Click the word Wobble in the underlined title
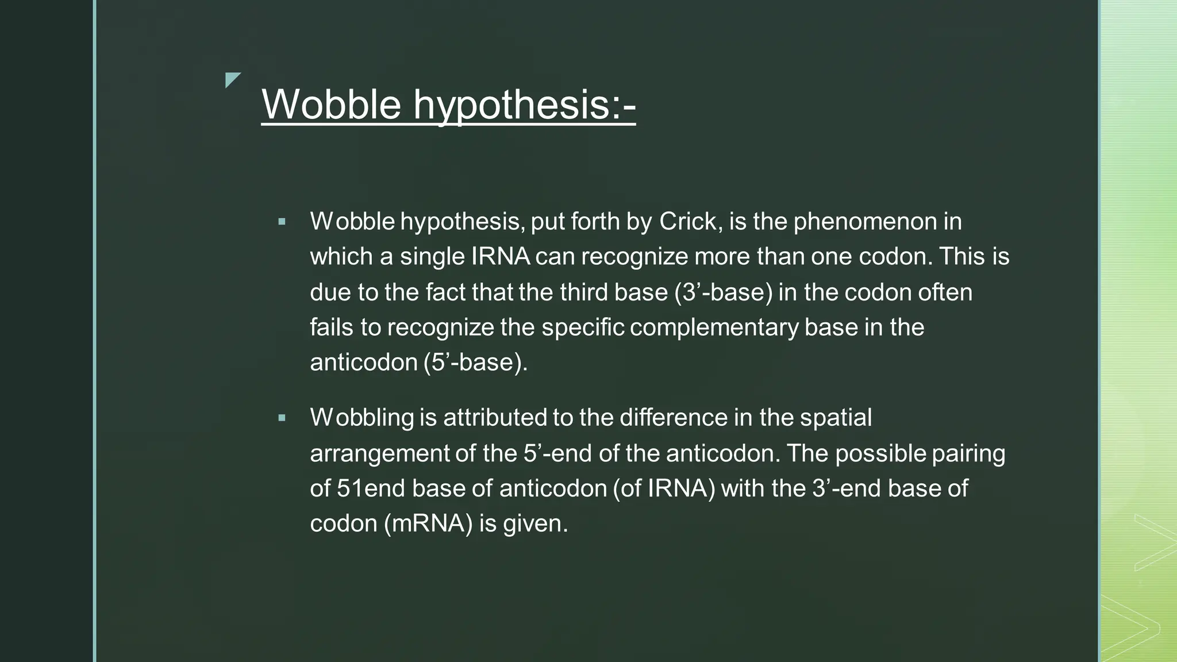[331, 105]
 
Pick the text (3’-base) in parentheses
[724, 292]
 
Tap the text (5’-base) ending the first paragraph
[475, 363]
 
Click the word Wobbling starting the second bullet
[362, 418]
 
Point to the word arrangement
[379, 453]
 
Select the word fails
[332, 328]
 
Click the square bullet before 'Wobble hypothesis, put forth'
[282, 221]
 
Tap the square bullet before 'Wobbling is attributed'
[282, 418]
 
